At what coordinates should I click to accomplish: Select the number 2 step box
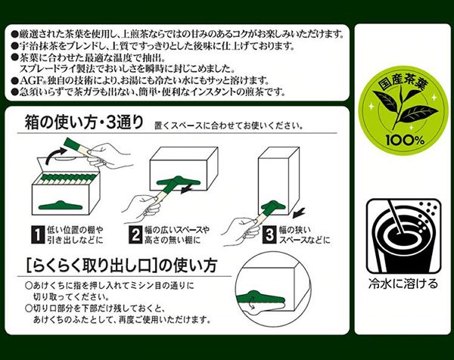(x=133, y=234)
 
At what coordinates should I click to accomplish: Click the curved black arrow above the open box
(x=54, y=155)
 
